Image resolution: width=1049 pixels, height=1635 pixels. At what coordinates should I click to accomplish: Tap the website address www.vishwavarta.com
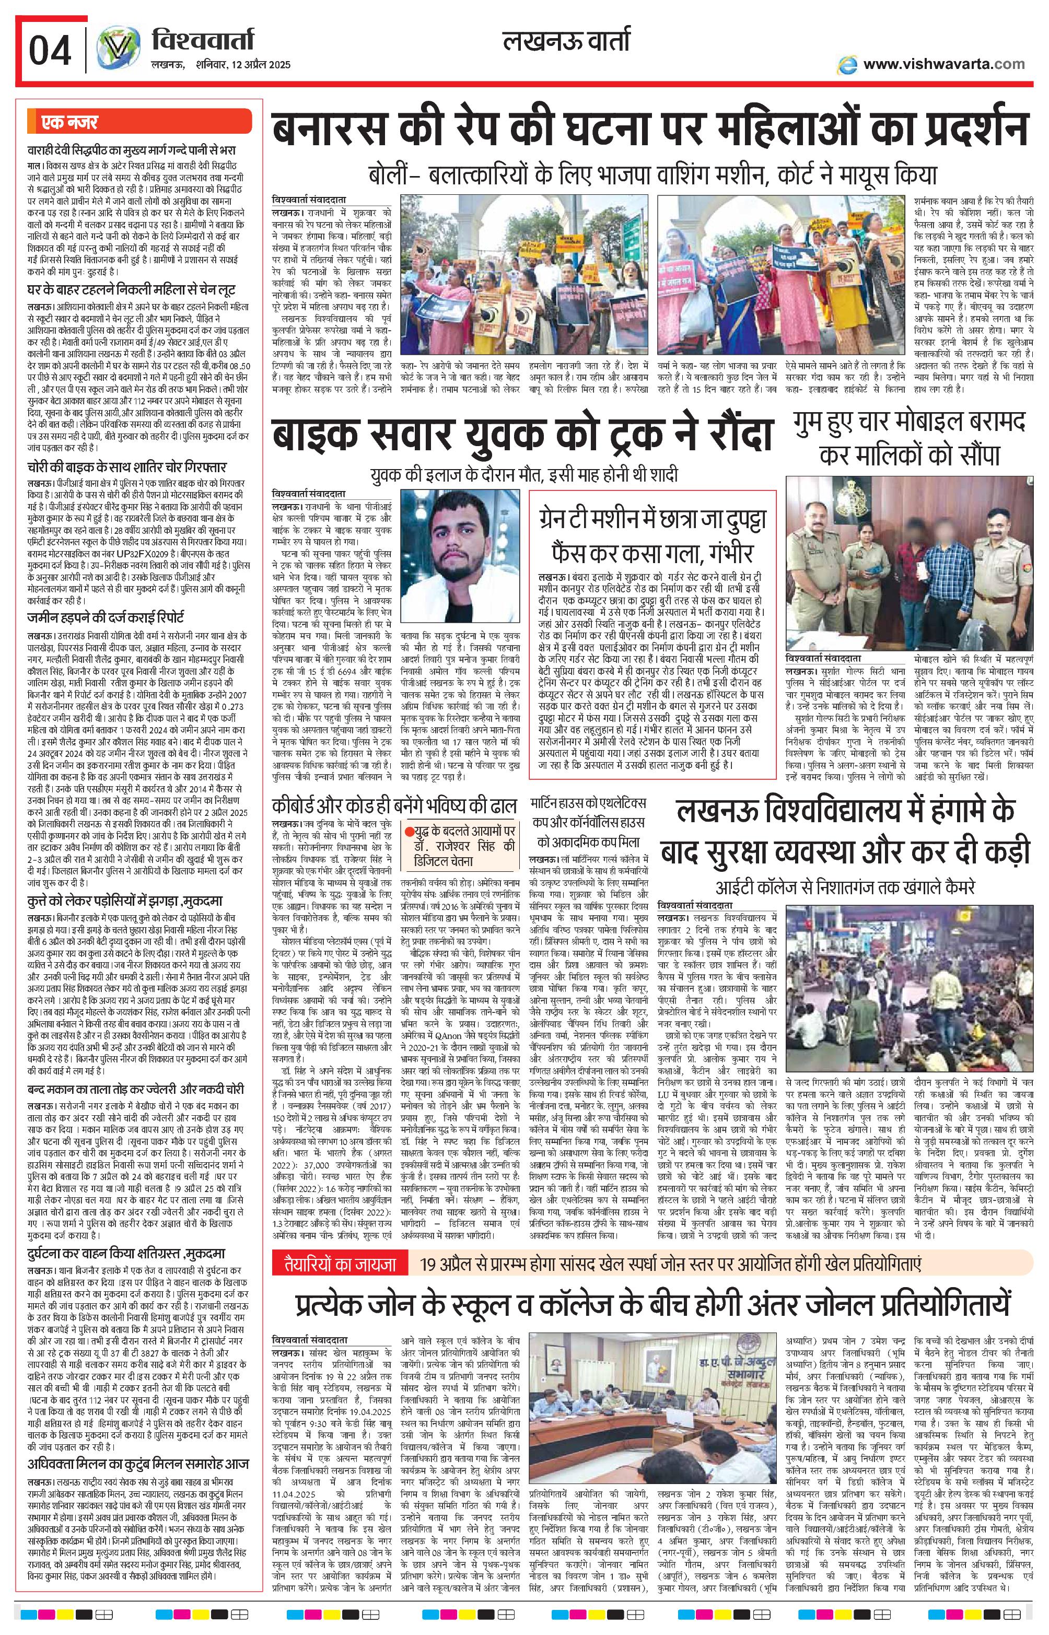click(x=943, y=64)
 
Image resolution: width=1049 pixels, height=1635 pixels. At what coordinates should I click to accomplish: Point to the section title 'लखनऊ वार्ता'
click(x=566, y=42)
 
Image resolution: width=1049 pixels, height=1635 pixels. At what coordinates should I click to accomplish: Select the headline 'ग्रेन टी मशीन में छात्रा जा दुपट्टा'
click(x=652, y=521)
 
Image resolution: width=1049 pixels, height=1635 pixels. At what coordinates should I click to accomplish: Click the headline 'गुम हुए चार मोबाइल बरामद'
click(x=910, y=423)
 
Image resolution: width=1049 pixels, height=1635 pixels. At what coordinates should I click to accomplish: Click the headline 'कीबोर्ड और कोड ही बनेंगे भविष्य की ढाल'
click(x=394, y=805)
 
